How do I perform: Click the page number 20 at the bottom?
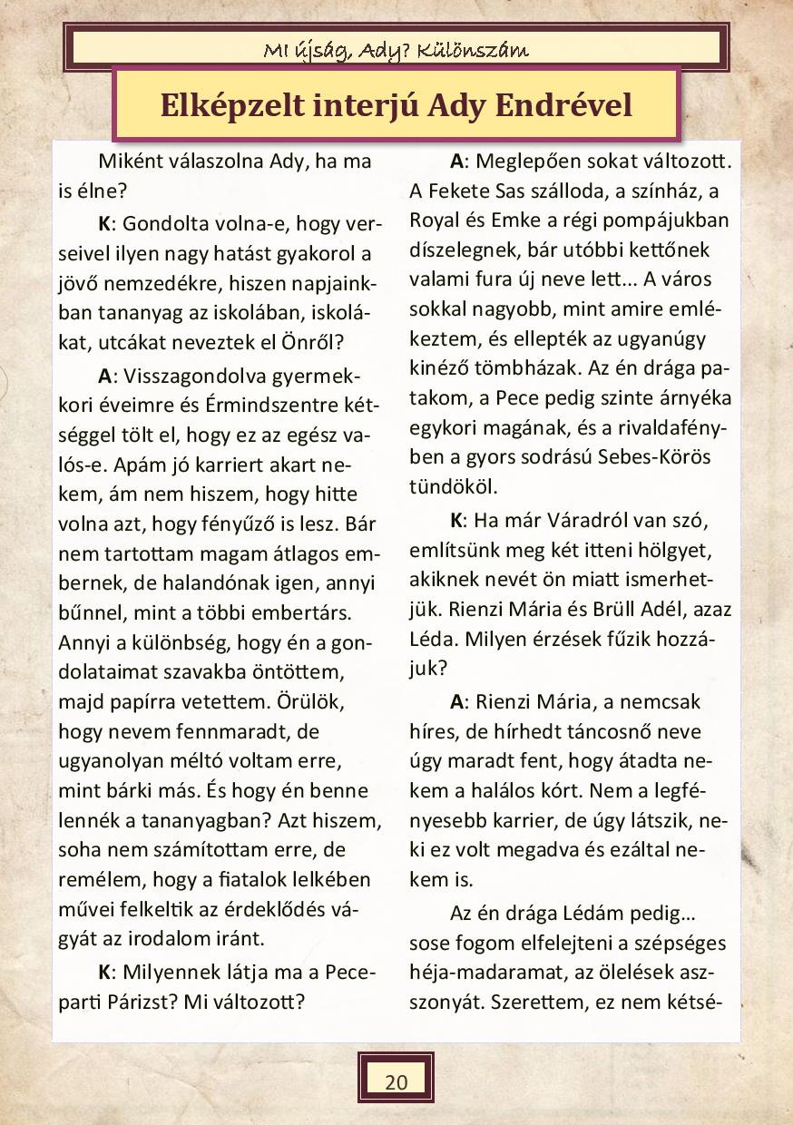pos(396,1081)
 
